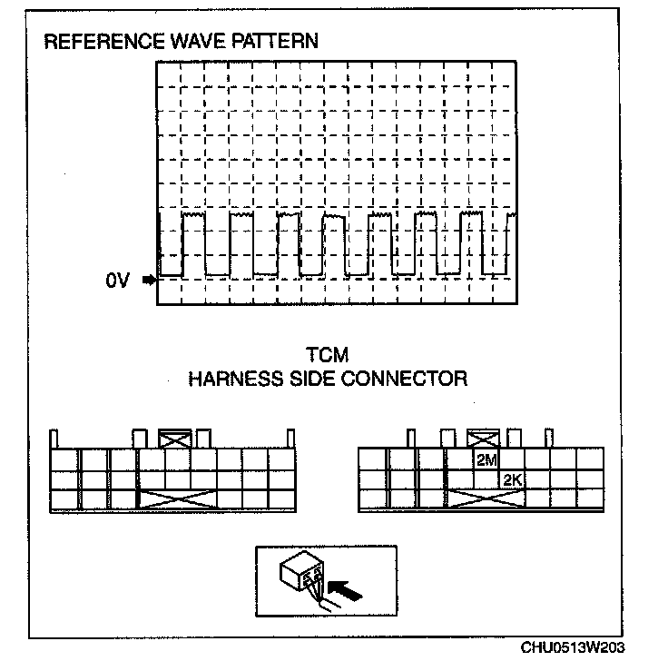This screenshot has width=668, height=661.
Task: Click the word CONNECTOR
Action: (x=404, y=378)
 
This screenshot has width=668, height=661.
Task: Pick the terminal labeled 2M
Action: (x=486, y=460)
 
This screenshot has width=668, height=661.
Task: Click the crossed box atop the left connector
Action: (x=174, y=437)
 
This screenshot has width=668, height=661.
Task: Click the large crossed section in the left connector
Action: (x=177, y=498)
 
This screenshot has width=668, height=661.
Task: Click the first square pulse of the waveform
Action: (x=193, y=243)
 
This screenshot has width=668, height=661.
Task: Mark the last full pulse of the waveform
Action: (x=472, y=243)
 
